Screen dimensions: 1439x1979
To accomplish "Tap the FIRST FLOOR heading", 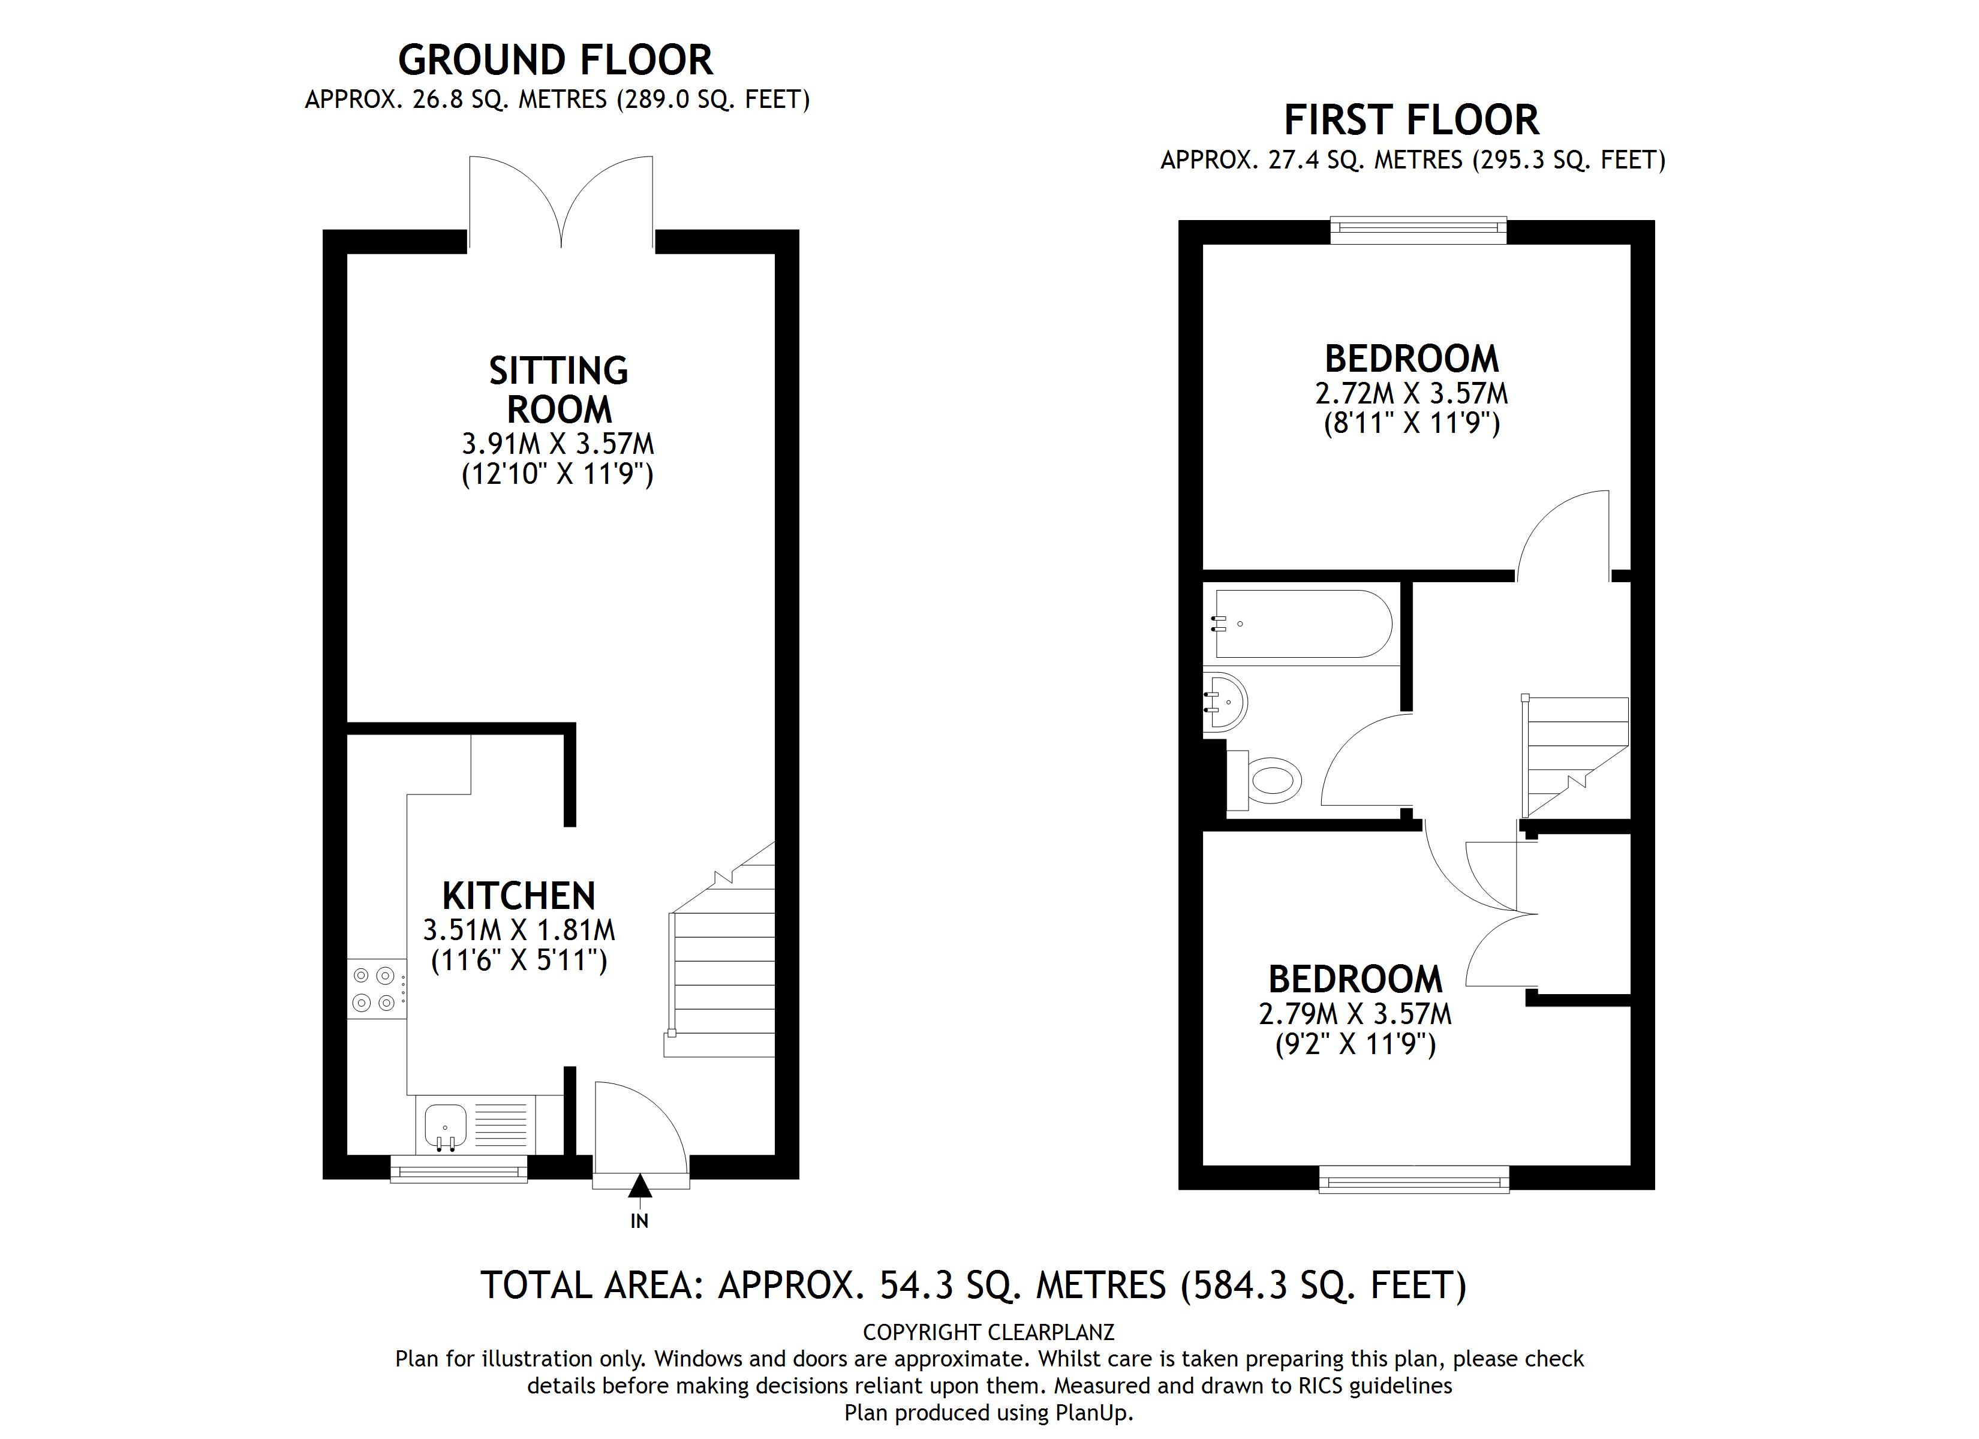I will pos(1411,121).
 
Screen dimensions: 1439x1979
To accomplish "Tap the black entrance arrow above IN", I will pos(640,1186).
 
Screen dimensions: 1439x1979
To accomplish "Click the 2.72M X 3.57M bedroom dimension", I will pos(1411,393).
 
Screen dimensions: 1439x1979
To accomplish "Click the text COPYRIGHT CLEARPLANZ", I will pos(989,1332).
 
